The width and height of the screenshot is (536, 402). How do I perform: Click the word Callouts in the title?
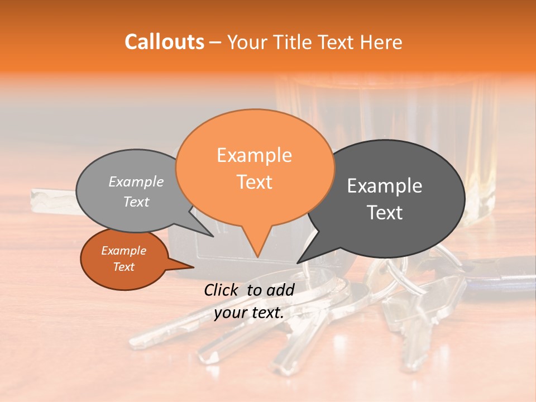[165, 42]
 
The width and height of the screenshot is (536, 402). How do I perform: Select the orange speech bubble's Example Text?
[255, 168]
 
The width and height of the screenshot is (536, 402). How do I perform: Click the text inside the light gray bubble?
[136, 192]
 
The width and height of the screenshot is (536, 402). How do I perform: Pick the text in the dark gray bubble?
[385, 199]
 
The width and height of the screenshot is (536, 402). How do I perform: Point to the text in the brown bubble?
[123, 259]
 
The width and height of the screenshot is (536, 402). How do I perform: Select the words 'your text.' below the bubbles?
[249, 313]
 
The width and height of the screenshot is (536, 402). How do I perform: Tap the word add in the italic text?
[280, 290]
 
